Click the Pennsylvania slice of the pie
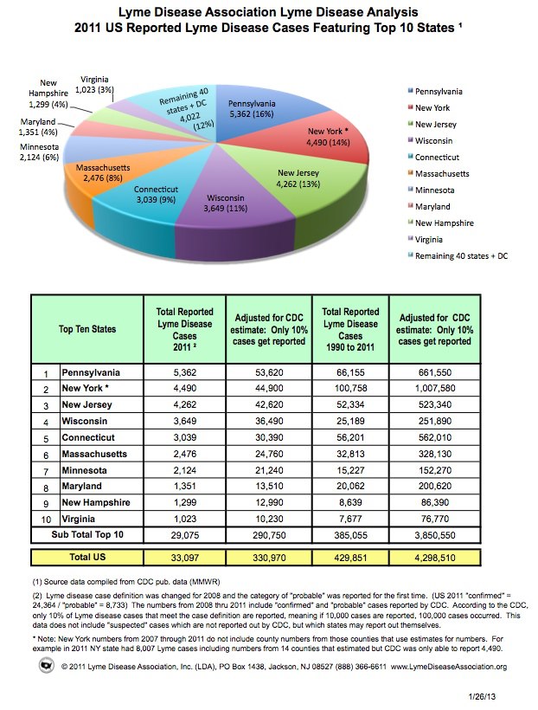[259, 107]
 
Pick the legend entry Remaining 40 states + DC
[464, 255]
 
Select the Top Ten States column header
[86, 329]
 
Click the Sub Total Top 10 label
[86, 534]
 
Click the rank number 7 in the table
[45, 470]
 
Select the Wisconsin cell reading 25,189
[349, 421]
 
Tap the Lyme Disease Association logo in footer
[46, 665]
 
